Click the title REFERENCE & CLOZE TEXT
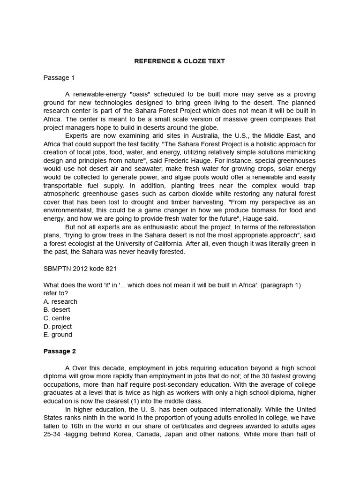[180, 61]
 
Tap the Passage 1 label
[59, 77]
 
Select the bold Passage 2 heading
[60, 351]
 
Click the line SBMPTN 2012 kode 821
[80, 269]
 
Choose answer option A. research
[60, 301]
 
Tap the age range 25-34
[51, 434]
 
